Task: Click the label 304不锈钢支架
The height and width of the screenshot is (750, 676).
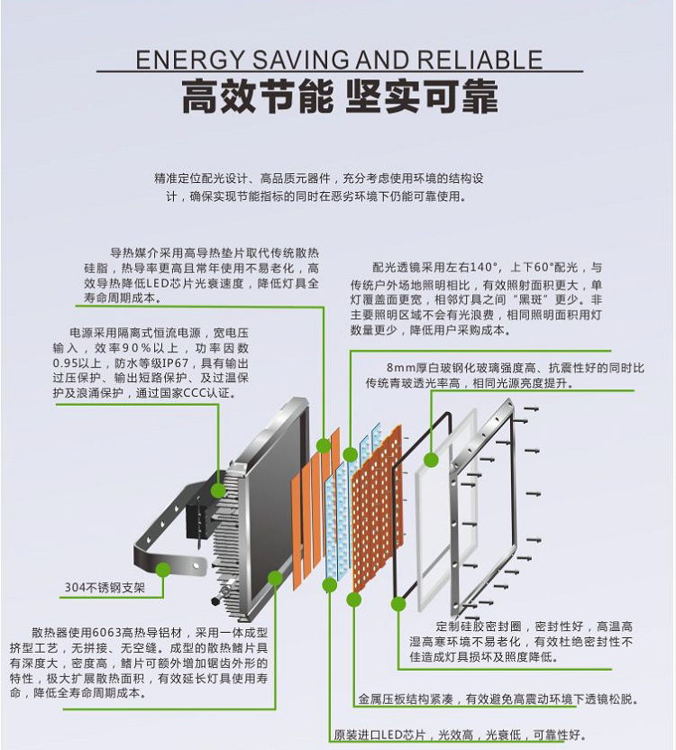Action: pyautogui.click(x=104, y=588)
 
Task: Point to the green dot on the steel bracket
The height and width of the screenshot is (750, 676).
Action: pyautogui.click(x=162, y=569)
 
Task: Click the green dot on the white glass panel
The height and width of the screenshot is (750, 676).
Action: pyautogui.click(x=431, y=460)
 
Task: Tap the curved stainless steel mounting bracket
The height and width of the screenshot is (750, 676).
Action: pyautogui.click(x=162, y=541)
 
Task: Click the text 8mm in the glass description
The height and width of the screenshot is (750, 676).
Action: pyautogui.click(x=401, y=368)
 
